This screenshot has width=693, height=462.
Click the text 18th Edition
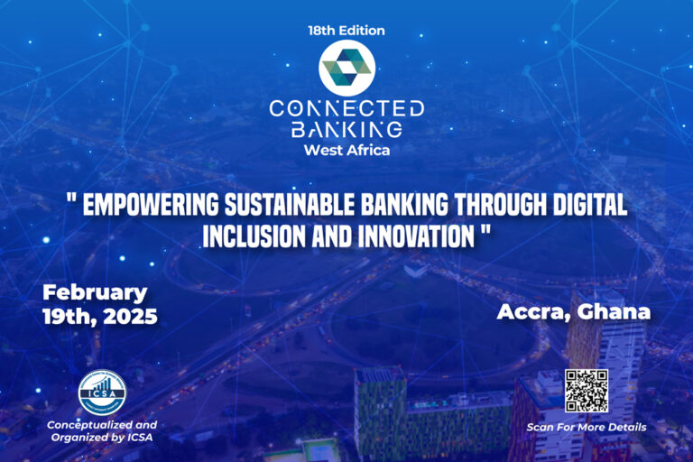(x=346, y=31)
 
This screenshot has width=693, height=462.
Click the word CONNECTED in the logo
(x=346, y=109)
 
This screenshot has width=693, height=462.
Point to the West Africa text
(x=346, y=150)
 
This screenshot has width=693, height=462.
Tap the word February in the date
(x=95, y=292)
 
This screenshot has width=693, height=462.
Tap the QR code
(x=586, y=391)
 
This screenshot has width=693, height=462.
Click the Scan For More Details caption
(x=587, y=427)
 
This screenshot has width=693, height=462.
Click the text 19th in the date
(x=65, y=317)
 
